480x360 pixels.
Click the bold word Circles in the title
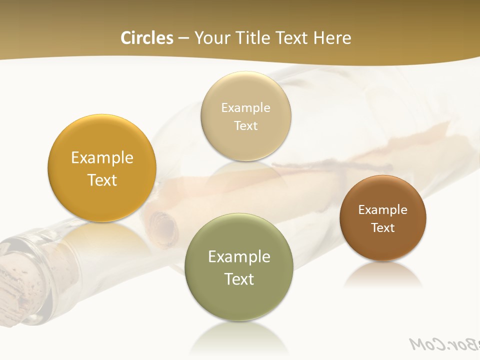(x=147, y=38)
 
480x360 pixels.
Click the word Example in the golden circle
(x=102, y=158)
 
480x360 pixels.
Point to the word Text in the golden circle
(x=102, y=180)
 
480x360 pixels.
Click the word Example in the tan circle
(x=245, y=108)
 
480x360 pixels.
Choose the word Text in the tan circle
(x=245, y=125)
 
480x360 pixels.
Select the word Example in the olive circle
(x=239, y=257)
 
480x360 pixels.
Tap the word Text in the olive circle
(x=239, y=279)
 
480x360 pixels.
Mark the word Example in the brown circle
(x=383, y=210)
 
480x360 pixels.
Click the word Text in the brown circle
(x=383, y=228)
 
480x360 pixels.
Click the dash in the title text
(x=183, y=38)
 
